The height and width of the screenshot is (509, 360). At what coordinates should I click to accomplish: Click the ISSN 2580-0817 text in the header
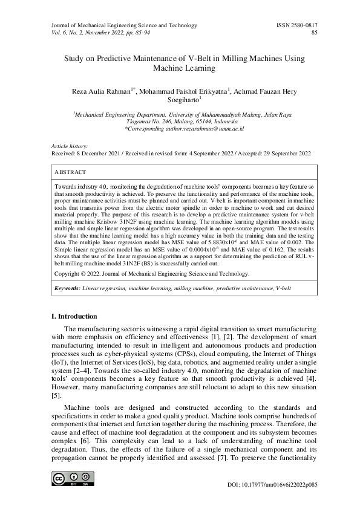click(x=296, y=25)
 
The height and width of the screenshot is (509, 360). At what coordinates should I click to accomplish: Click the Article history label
click(x=70, y=146)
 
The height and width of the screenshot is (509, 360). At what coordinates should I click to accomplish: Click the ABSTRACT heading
click(x=71, y=172)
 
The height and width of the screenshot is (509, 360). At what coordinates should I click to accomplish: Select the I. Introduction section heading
click(x=74, y=316)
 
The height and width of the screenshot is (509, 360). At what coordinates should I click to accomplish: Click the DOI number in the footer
click(x=281, y=485)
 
